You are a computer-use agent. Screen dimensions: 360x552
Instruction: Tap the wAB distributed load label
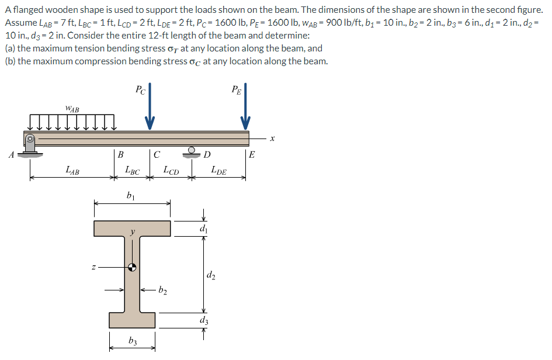coord(73,108)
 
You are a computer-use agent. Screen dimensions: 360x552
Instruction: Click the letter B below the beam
coord(120,155)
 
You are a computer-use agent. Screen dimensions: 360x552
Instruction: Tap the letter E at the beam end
coord(252,155)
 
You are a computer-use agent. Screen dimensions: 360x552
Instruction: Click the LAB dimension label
coord(73,171)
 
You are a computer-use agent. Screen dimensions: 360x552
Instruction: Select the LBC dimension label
coord(133,171)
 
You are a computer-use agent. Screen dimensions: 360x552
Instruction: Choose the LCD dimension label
coord(171,171)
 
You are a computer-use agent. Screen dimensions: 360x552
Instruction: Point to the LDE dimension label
coord(219,171)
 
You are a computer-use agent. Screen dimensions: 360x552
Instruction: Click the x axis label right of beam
coord(272,139)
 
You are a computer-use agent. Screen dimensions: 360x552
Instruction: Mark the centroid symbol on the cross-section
coord(133,268)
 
